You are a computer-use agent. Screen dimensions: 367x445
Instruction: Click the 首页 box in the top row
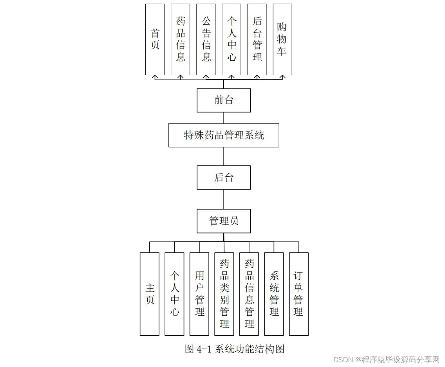pos(155,40)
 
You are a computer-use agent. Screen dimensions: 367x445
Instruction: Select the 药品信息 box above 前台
pos(180,40)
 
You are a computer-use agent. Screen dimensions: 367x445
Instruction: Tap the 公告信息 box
pos(206,40)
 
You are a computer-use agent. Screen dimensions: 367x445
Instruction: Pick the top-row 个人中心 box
pos(231,40)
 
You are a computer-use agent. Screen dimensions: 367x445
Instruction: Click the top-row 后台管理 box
pos(257,40)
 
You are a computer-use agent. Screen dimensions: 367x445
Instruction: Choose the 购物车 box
pos(282,40)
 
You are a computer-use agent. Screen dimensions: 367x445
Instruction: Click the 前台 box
pos(224,100)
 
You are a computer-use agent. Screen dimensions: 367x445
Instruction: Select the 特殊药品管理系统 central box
pos(224,136)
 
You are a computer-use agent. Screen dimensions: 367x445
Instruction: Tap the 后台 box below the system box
pos(224,177)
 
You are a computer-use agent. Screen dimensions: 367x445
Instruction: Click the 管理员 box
pos(224,221)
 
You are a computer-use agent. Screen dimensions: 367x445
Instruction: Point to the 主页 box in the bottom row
pos(150,294)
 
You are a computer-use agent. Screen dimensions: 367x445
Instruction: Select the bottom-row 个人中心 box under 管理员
pos(174,294)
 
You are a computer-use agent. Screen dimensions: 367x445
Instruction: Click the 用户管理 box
pos(199,294)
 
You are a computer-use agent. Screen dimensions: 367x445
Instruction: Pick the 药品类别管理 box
pos(224,294)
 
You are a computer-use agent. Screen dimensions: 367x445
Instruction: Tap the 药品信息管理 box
pos(249,294)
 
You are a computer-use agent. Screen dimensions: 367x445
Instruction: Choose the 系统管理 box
pos(274,294)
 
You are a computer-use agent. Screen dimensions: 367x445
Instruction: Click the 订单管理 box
pos(298,294)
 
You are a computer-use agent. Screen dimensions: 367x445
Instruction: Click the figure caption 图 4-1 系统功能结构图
pos(234,349)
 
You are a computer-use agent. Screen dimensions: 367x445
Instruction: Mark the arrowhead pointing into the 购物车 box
pos(282,77)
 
